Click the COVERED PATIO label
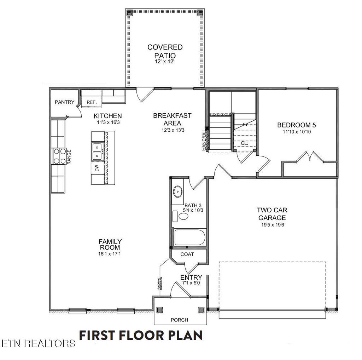click(165, 51)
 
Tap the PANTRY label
click(64, 102)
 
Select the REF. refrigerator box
click(92, 102)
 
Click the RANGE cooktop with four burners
click(59, 156)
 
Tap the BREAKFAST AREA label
click(172, 119)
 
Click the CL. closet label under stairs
click(245, 143)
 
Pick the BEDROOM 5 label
click(296, 125)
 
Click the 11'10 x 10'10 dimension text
click(296, 132)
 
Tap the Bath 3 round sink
click(177, 192)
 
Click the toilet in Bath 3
click(180, 216)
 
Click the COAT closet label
click(187, 254)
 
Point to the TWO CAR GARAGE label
click(271, 214)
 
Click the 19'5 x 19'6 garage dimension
click(271, 224)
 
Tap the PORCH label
click(179, 320)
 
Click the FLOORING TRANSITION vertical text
click(160, 284)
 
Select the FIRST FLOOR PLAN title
click(141, 335)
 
